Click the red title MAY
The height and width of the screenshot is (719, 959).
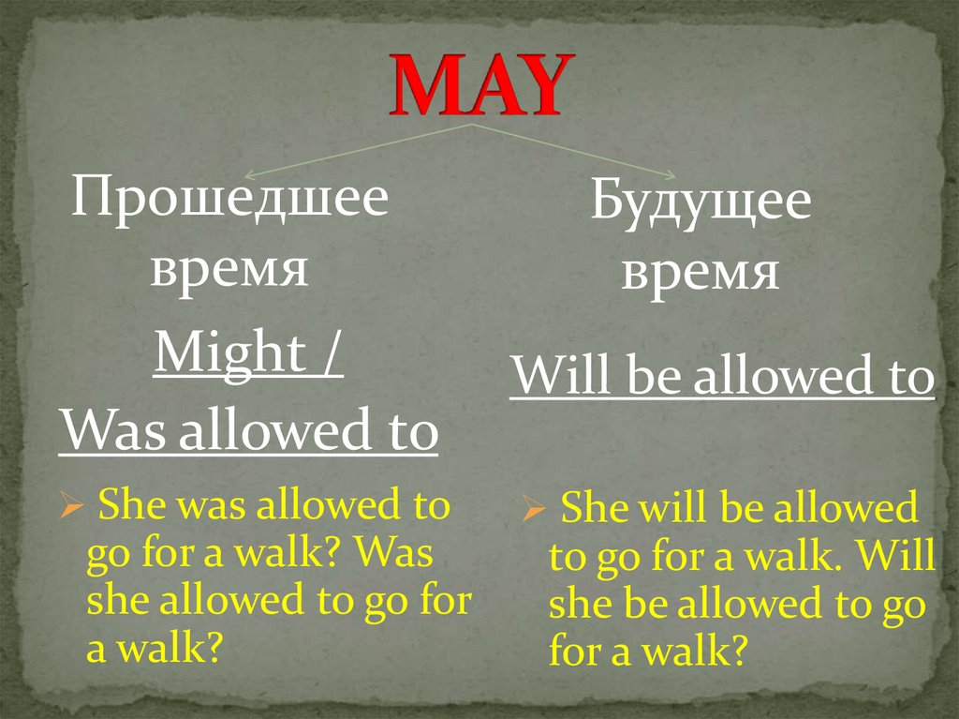coord(479,85)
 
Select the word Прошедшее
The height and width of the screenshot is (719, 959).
coord(230,200)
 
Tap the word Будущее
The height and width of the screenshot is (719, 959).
coord(701,203)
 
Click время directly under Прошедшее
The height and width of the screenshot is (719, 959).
coord(230,268)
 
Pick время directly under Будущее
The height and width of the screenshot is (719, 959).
coord(701,273)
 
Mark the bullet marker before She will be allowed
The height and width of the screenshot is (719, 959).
coord(534,512)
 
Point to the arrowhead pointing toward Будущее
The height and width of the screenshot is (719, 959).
coord(668,174)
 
